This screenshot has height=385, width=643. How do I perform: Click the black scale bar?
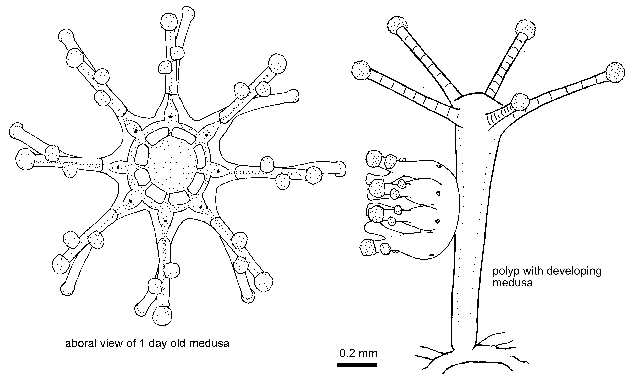[x=357, y=365]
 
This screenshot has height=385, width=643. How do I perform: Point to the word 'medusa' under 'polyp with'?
[x=513, y=283]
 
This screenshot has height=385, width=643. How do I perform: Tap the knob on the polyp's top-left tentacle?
[x=397, y=25]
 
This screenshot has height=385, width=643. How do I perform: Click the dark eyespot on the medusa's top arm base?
[x=170, y=117]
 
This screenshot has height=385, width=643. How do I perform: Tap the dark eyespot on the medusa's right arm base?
[x=218, y=171]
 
